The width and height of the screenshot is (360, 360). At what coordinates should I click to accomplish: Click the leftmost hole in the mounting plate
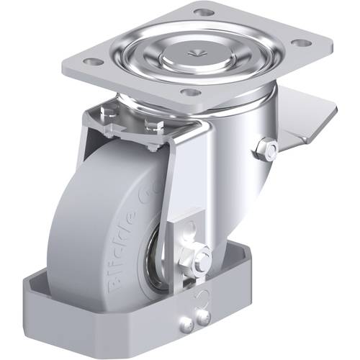click(91, 61)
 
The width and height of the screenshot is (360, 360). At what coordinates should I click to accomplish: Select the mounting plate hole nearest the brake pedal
click(302, 43)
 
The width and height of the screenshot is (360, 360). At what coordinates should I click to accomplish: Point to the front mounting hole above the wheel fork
click(190, 92)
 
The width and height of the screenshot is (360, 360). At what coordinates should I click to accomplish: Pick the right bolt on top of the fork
click(151, 125)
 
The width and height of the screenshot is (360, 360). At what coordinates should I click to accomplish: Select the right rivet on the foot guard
click(204, 316)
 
